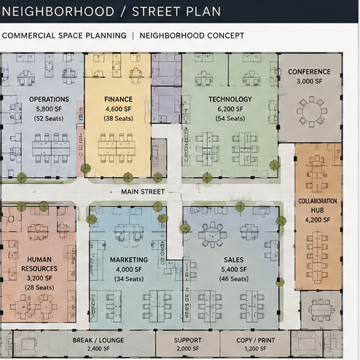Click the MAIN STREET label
point(143,192)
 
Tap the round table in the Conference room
point(312,111)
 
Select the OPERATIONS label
point(49,99)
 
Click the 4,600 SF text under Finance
point(119,109)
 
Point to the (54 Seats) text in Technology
point(230,119)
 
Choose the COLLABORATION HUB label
point(318,206)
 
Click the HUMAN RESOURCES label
point(39,264)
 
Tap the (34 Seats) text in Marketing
point(129,279)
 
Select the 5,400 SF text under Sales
point(234,270)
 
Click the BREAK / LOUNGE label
point(98,340)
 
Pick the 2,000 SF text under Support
point(187,349)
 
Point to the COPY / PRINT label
point(256,340)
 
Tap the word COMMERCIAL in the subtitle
point(28,36)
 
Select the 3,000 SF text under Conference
point(309,82)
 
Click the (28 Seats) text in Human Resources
point(39,288)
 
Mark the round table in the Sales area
point(213,235)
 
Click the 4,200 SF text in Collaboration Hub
point(318,220)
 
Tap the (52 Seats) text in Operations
point(49,119)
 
